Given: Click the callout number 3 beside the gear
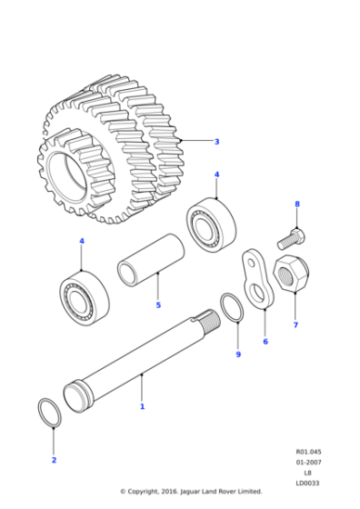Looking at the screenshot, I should click(x=216, y=142).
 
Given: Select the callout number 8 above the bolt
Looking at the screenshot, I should click(x=296, y=205).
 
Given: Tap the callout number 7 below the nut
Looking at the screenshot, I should click(x=295, y=324).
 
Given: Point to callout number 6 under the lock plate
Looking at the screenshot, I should click(x=265, y=342).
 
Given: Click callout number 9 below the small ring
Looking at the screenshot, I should click(x=238, y=354).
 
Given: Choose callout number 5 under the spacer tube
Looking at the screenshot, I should click(x=157, y=304).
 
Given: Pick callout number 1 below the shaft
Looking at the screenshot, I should click(x=142, y=406).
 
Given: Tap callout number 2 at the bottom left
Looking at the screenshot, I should click(x=54, y=460).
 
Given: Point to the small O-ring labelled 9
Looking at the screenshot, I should click(x=232, y=307).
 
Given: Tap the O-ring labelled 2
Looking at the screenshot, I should click(x=51, y=411).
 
